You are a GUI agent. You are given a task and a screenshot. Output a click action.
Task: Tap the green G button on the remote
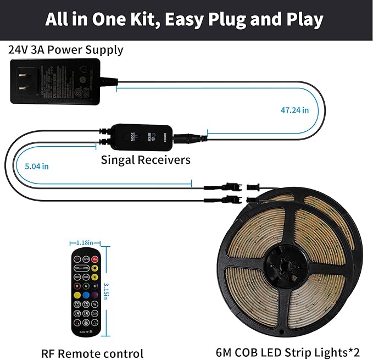tap(86, 286)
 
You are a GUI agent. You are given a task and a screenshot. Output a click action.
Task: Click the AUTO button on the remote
tap(86, 259)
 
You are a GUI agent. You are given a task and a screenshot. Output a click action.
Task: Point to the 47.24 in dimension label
tap(294, 110)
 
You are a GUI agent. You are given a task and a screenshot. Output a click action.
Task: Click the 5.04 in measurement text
tap(37, 165)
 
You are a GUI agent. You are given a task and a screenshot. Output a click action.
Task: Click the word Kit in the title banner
tap(144, 20)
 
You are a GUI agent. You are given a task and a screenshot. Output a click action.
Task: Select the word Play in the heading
tap(303, 20)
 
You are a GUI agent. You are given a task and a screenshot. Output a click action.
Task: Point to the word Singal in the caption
tap(119, 160)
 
